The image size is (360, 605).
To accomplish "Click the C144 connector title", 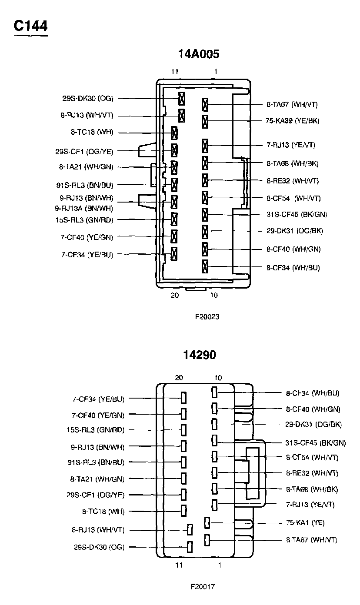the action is pos(30,26).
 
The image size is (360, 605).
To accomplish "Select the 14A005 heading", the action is pos(199,54).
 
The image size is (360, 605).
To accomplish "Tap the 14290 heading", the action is pos(200,355).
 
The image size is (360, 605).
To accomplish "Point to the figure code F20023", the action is pos(207,316).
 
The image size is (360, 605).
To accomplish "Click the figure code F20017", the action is pos(203,586).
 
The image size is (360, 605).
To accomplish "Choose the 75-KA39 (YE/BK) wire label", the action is pos(293,121).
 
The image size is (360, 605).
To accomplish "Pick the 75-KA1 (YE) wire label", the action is pos(305,522).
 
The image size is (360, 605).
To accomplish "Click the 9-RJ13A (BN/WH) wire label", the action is pos(84,209).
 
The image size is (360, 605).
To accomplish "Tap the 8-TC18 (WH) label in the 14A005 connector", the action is pos(92,132).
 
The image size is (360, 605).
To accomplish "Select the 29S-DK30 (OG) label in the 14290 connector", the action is pos(99,547).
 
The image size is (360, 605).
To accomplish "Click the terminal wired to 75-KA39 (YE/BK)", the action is pos(205,122).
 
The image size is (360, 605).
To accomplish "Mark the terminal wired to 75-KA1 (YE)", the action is pos(207,523).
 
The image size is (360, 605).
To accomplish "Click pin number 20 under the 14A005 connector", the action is pos(175,295).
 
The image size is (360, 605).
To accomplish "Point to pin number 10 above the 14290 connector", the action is pos(218,378).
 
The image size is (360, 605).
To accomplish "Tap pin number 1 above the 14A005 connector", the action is pos(216,71).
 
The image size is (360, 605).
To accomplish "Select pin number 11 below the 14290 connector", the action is pos(179,565).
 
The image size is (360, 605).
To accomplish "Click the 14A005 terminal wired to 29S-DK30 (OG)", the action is pos(182,98).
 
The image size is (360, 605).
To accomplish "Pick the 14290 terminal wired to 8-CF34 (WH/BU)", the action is pos(214,392).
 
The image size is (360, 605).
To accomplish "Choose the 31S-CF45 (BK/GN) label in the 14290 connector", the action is pos(316,443).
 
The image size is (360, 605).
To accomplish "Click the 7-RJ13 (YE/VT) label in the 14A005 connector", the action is pos(291,145).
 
